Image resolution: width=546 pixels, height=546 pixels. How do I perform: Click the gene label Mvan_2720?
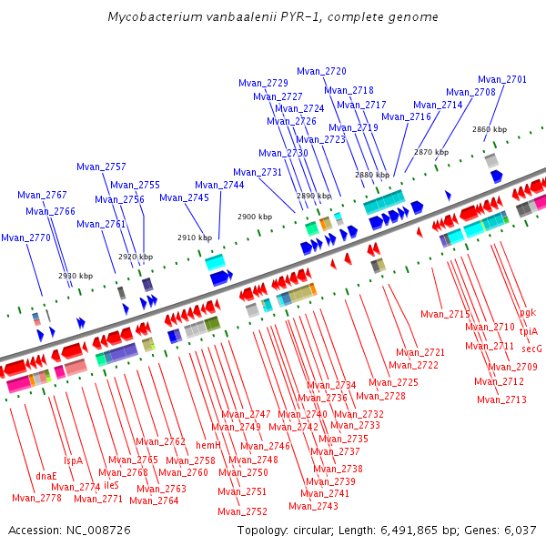(x=321, y=71)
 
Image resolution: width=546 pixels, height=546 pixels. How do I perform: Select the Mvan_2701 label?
(x=501, y=80)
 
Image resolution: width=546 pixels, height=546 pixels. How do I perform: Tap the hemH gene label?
(x=208, y=445)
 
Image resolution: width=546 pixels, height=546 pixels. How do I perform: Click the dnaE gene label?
(x=46, y=476)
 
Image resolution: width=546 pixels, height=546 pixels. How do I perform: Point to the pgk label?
(x=528, y=312)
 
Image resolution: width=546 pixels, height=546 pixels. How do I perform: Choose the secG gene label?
(x=531, y=349)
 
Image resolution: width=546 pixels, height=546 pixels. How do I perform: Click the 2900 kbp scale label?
(x=255, y=217)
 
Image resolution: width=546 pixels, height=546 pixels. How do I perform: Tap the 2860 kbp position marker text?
(x=490, y=129)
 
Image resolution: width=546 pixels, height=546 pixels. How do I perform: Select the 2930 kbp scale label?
(x=76, y=276)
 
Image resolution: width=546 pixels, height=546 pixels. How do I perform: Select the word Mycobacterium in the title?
(x=156, y=16)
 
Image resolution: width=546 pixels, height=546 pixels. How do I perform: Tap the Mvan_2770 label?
(x=25, y=238)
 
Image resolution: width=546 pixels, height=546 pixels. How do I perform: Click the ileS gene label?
(x=111, y=485)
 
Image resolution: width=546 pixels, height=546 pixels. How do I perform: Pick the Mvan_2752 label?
(x=242, y=511)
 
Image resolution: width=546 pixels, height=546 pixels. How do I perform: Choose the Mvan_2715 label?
(x=445, y=315)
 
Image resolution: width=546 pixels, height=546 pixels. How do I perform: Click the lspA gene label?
(x=73, y=460)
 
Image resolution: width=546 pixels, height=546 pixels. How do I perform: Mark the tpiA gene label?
(x=528, y=331)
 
